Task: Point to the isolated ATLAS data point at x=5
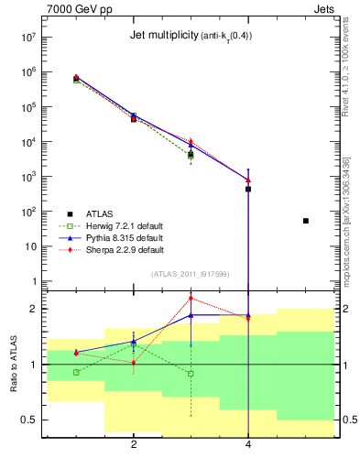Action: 306,221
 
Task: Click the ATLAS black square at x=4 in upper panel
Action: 248,189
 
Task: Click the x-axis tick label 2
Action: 134,444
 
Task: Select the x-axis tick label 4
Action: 248,444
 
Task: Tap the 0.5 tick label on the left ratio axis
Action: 25,420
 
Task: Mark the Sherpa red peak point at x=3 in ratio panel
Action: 191,297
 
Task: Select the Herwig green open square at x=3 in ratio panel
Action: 191,374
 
